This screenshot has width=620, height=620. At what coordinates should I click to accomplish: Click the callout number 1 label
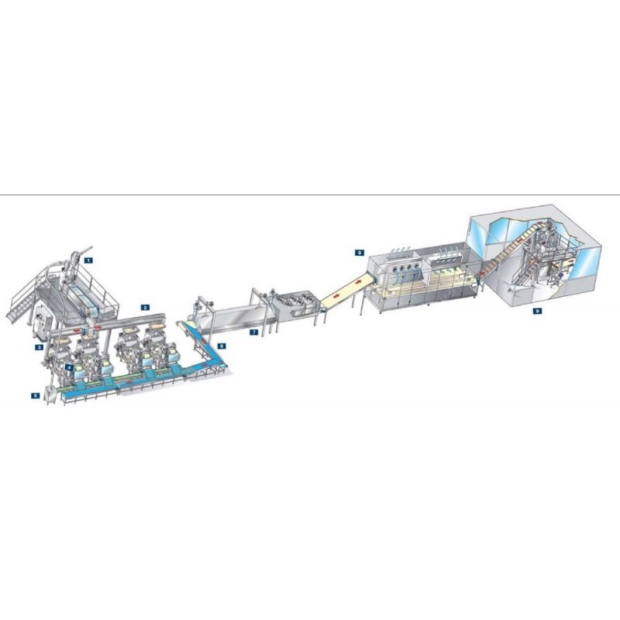coord(88,260)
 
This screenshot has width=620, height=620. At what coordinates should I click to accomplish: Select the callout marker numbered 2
coord(145,307)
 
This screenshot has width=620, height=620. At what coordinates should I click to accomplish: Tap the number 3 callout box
coord(39,347)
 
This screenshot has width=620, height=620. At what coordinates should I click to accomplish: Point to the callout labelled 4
coord(69,367)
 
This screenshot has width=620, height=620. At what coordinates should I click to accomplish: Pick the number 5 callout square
coord(36,395)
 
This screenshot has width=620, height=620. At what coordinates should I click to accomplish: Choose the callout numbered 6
coord(222,346)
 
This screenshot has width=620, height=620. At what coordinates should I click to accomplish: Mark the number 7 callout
coord(254,332)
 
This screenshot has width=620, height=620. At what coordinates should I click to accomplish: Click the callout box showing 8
coord(359,253)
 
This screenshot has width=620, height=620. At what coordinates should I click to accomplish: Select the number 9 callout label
coord(537,312)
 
